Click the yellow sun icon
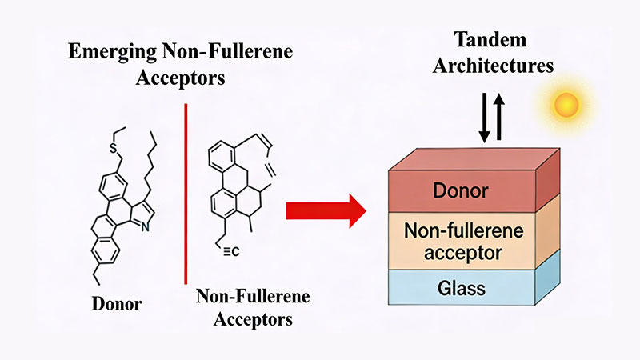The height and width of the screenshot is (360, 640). pos(567,104)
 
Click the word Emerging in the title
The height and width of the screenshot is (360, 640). pos(105,54)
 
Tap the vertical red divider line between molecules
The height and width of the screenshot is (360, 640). pos(186,192)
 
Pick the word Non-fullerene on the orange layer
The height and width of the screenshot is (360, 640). pos(461,231)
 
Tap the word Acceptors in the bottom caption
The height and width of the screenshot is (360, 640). pos(244,319)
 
